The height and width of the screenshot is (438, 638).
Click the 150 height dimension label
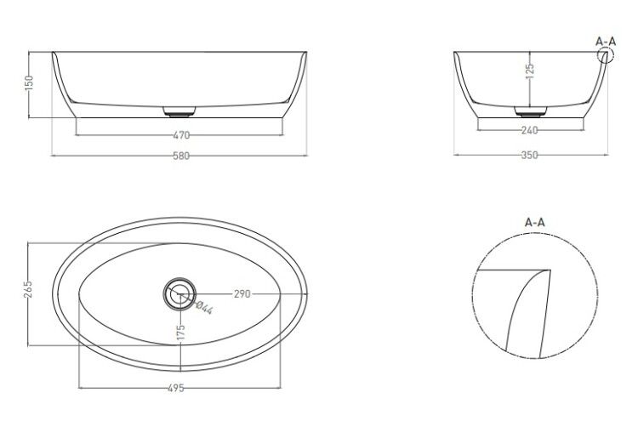point(28,83)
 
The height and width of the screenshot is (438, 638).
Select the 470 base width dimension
point(181,135)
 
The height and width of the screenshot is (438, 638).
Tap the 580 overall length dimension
point(181,156)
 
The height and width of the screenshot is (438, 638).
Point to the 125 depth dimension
point(530,71)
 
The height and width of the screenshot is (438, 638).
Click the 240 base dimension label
point(529,130)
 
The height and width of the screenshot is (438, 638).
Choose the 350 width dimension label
point(529,155)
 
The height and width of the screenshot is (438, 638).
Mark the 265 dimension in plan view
point(28,289)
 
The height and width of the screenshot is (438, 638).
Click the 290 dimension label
point(242,293)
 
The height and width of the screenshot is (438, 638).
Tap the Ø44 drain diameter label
point(204,307)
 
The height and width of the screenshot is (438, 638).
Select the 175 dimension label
point(181,332)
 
